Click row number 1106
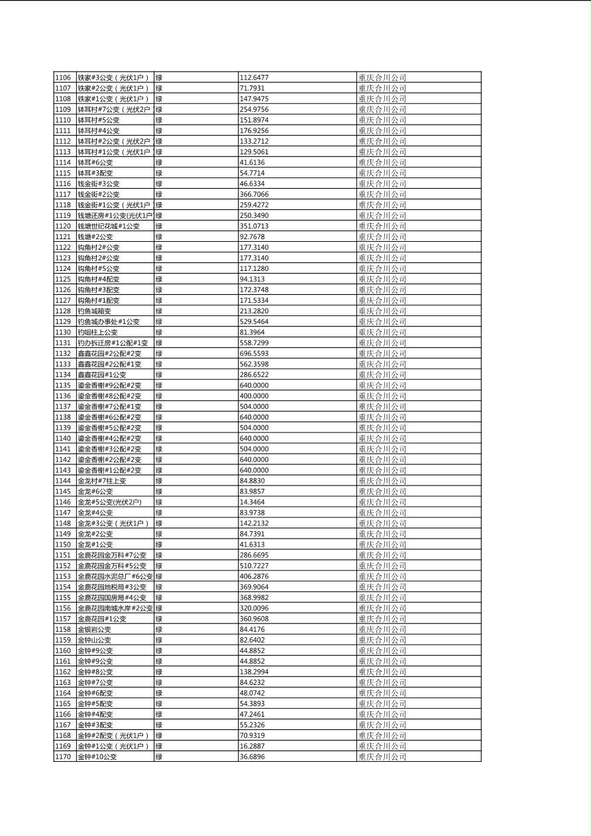pyautogui.click(x=63, y=78)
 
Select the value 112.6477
pyautogui.click(x=254, y=78)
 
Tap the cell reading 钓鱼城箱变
pyautogui.click(x=94, y=311)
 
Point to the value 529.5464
pyautogui.click(x=254, y=322)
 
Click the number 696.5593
pyautogui.click(x=254, y=354)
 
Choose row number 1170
pyautogui.click(x=63, y=757)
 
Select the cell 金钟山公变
pyautogui.click(x=94, y=640)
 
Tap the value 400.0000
pyautogui.click(x=254, y=396)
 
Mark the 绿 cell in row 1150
pyautogui.click(x=159, y=545)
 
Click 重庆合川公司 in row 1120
pyautogui.click(x=382, y=226)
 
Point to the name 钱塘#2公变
pyautogui.click(x=95, y=236)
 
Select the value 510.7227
pyautogui.click(x=254, y=566)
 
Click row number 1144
pyautogui.click(x=63, y=481)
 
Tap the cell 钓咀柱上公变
pyautogui.click(x=97, y=333)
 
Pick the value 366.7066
pyautogui.click(x=254, y=194)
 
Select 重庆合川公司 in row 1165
pyautogui.click(x=382, y=704)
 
